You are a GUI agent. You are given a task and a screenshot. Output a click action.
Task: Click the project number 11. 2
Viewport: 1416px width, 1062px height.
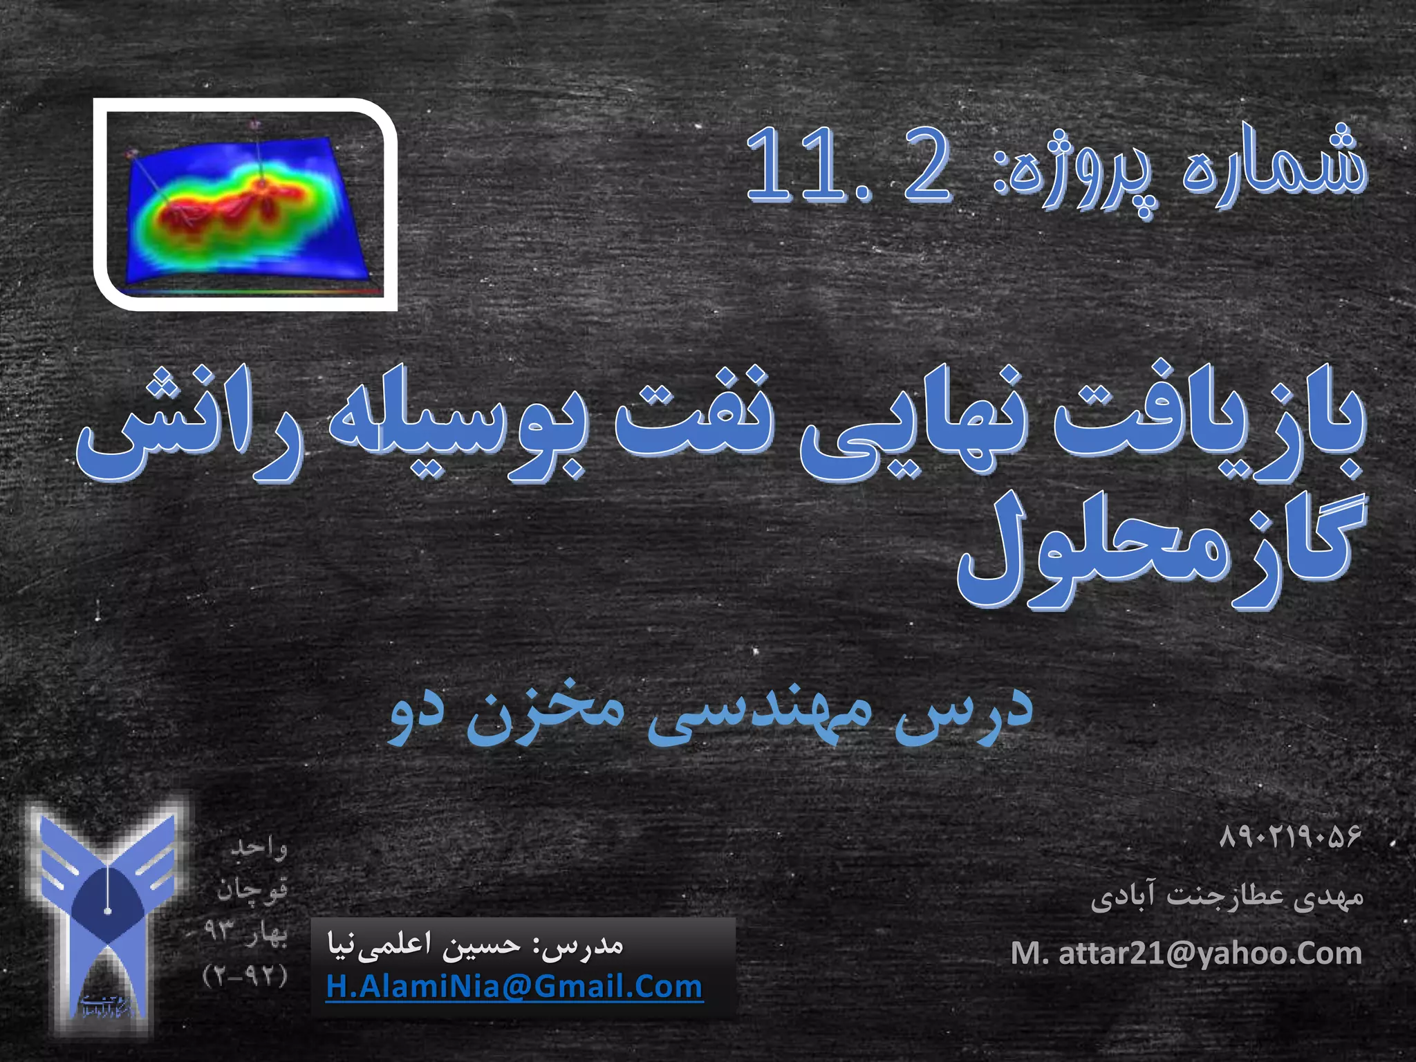point(849,166)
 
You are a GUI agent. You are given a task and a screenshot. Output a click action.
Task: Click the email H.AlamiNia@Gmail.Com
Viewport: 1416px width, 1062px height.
point(514,987)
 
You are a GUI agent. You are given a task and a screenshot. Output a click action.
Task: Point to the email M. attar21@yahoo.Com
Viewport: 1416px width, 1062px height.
point(1186,954)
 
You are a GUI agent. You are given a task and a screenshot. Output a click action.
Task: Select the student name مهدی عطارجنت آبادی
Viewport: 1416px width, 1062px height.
point(1227,897)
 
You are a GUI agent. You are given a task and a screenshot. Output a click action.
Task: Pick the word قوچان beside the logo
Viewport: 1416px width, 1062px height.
point(252,891)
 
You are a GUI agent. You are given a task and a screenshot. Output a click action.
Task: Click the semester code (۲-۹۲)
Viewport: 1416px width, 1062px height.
point(245,976)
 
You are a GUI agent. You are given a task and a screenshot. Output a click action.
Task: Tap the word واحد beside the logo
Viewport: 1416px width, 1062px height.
point(259,848)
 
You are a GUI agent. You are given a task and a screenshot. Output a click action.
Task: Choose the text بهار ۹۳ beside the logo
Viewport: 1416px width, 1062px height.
point(245,932)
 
